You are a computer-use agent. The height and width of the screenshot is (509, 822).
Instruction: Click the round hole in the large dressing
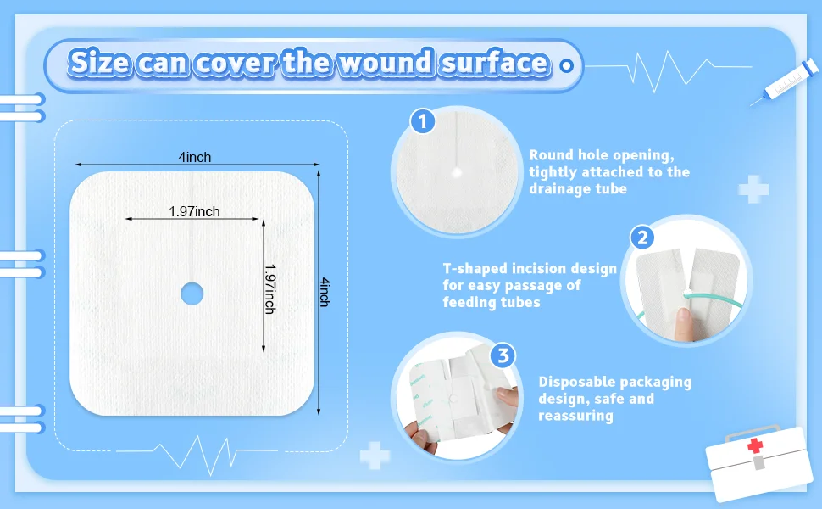pos(192,294)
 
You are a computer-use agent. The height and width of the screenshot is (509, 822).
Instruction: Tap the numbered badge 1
pos(423,121)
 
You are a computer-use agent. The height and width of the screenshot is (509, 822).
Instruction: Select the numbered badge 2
pos(643,238)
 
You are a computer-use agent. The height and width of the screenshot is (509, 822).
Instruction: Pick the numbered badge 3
pos(503,355)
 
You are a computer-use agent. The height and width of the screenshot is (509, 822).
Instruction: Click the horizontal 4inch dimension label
pos(195,157)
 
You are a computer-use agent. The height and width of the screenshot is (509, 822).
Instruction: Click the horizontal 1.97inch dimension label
pos(194,211)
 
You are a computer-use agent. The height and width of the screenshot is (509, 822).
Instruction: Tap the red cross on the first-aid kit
pos(755,446)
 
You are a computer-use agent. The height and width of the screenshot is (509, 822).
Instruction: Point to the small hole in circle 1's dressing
pos(457,172)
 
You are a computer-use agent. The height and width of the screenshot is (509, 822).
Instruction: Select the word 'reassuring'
pos(575,416)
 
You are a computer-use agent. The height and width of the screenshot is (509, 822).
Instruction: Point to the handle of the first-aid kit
pos(739,430)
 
